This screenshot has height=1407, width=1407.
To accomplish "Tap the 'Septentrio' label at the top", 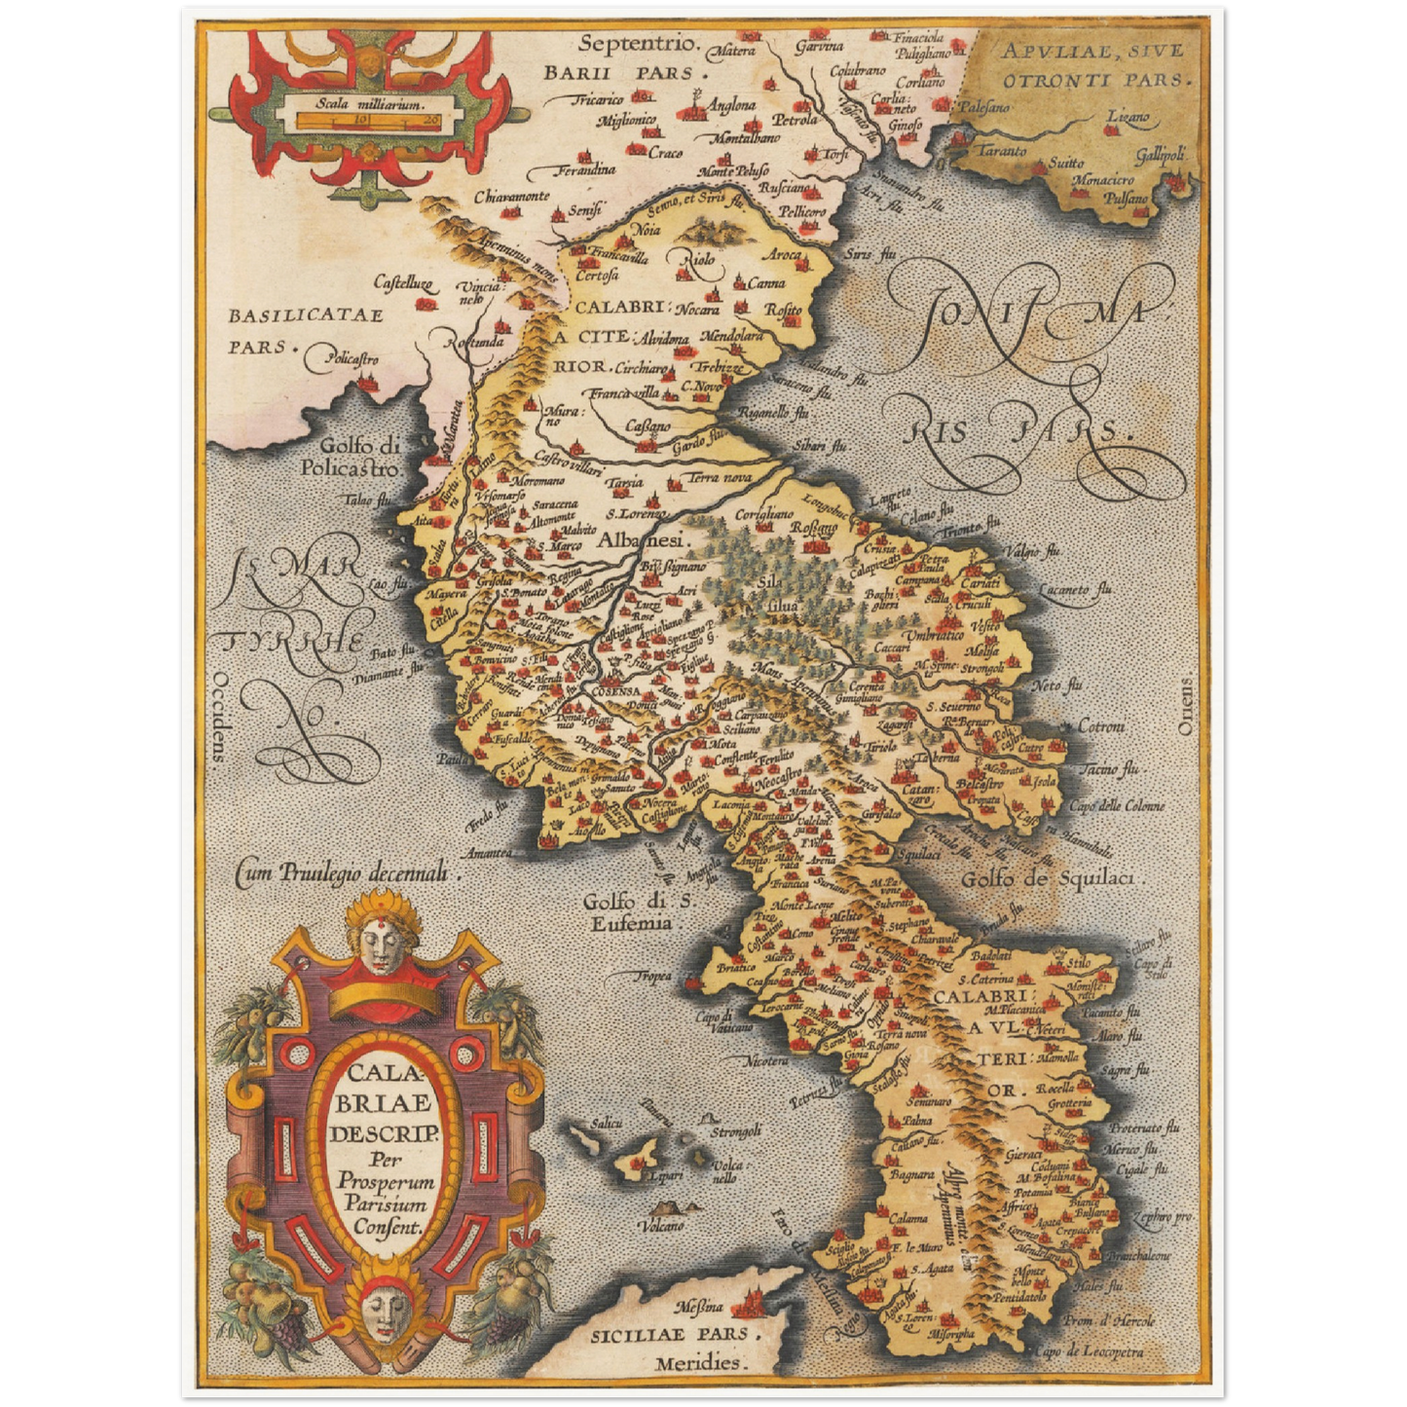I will click(639, 43).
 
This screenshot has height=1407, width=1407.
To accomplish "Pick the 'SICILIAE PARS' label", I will click(670, 1334).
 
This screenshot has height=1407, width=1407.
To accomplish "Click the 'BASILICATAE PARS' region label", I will click(306, 330).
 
